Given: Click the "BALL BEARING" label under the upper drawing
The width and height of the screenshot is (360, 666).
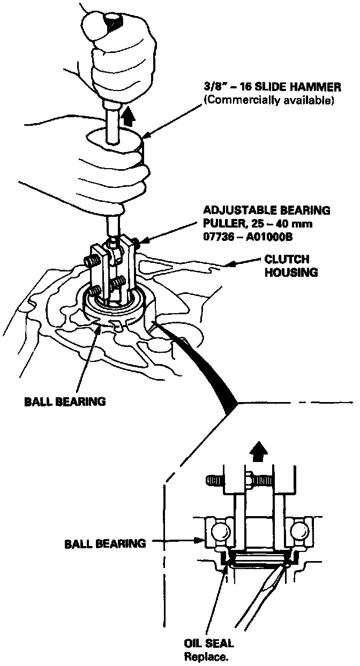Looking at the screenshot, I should [x=64, y=401].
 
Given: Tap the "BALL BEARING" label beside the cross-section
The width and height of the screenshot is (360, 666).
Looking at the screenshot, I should [x=105, y=543].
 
